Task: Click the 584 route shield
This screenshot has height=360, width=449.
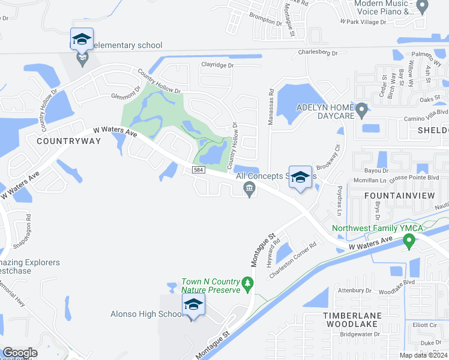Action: tap(199, 171)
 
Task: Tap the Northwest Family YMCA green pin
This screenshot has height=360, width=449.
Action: tap(409, 241)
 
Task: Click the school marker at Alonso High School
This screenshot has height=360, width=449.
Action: tap(193, 306)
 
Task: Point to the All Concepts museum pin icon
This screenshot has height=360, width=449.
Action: tap(249, 190)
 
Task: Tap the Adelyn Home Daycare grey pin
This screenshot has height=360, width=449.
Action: tap(361, 110)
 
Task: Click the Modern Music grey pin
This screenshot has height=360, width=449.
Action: tap(422, 7)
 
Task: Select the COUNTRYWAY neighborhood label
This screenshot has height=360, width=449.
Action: tap(59, 140)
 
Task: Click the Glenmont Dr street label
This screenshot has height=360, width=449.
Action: tap(125, 93)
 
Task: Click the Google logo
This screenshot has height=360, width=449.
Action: tap(20, 353)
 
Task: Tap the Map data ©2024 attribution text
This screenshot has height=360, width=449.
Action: tap(423, 355)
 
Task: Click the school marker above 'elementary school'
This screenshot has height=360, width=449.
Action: tap(82, 40)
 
